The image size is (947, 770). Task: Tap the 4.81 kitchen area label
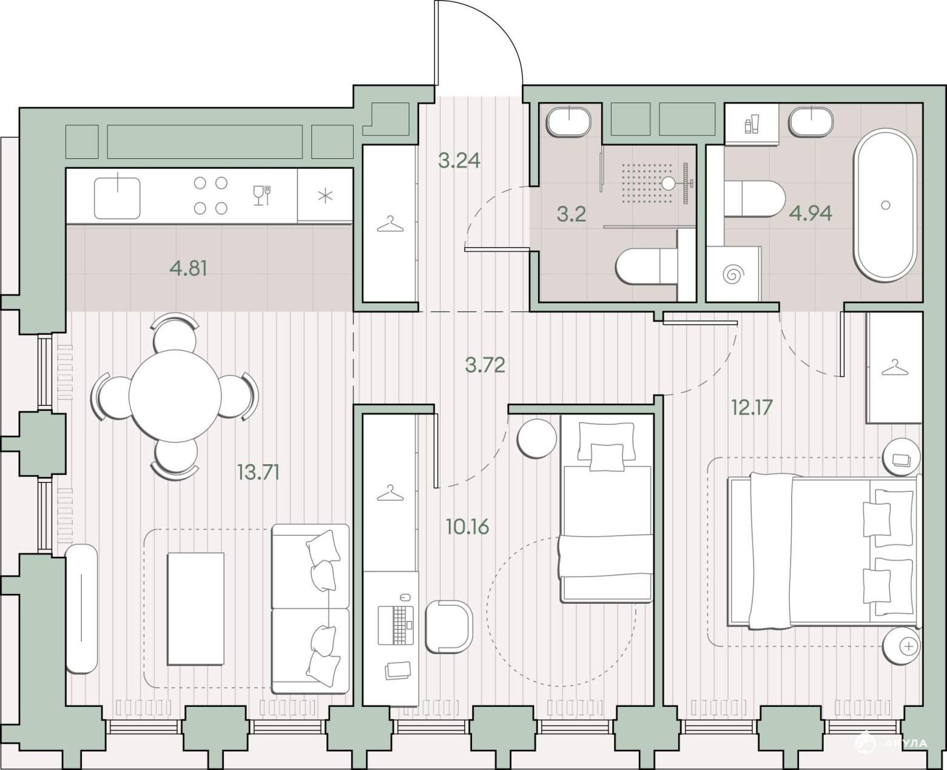coord(189,269)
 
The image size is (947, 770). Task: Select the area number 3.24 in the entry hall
coord(459,160)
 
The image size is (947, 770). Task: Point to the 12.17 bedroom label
coord(752,407)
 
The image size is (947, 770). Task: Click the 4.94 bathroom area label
coord(811,214)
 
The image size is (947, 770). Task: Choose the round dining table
coord(175,395)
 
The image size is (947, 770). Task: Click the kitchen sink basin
coord(117,198)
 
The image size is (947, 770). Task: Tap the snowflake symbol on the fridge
coord(325,196)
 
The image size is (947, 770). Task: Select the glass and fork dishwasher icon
coord(262,195)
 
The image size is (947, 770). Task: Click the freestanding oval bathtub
coord(885,205)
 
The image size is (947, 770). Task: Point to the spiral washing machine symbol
coord(731,274)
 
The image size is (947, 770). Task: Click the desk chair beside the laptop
coord(449,627)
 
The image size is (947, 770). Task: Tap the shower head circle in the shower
coord(668,183)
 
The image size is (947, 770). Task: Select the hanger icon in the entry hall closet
coord(390,224)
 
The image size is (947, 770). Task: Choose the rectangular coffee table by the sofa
coord(195,609)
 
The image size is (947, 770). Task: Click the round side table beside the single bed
coord(537,438)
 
